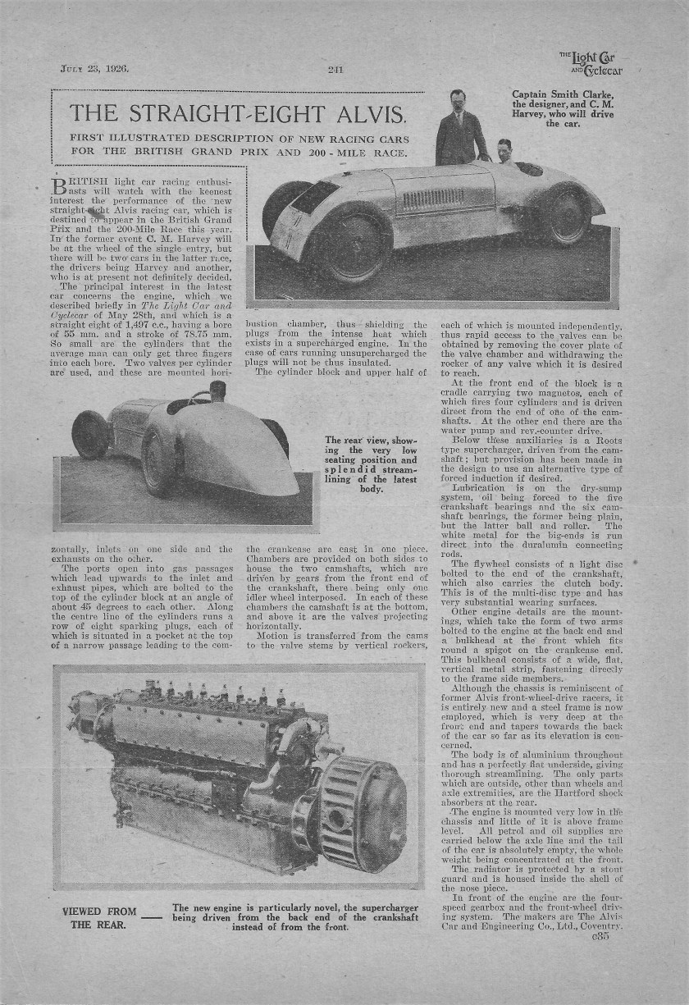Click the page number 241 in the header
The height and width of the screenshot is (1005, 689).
(335, 69)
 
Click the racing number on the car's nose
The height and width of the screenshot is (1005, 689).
(288, 228)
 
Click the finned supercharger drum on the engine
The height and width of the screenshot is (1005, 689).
(362, 812)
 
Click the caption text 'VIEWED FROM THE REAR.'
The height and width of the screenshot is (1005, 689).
(98, 917)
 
